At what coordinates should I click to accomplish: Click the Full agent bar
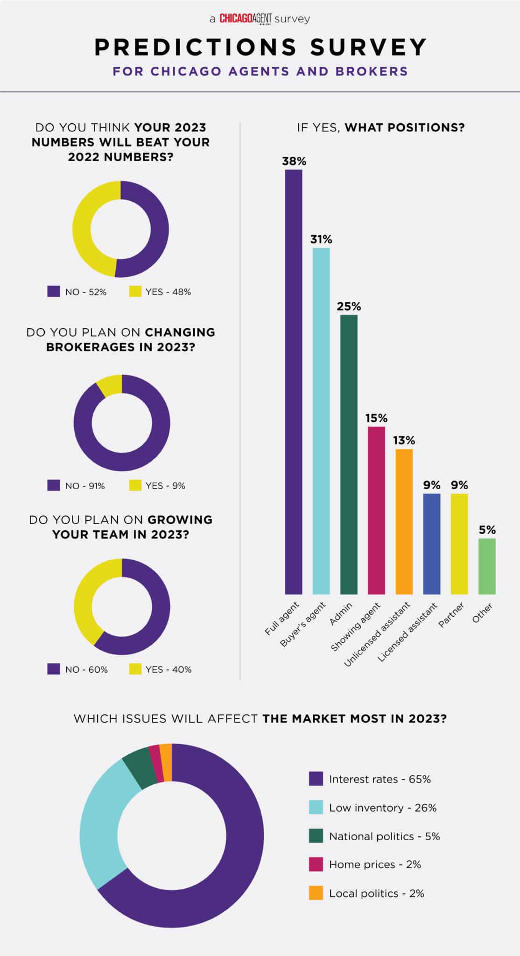tap(294, 382)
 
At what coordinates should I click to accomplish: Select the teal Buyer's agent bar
tap(321, 421)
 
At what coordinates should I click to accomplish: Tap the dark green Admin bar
tap(349, 455)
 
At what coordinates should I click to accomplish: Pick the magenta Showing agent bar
tap(377, 510)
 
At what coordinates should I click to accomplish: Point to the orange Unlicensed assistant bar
tap(404, 521)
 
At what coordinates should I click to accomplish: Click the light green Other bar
tap(487, 566)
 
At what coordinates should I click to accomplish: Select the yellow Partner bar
tap(459, 544)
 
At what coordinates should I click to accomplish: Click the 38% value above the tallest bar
tap(294, 161)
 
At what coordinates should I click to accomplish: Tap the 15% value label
tap(377, 418)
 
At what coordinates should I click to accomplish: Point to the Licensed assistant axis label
tap(408, 633)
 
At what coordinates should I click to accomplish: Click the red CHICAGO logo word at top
tap(236, 19)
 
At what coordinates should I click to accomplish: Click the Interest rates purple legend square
tap(316, 779)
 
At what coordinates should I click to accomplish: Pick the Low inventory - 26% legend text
tap(383, 808)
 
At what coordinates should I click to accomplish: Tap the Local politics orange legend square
tap(316, 893)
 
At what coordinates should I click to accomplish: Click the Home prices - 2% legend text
tap(375, 865)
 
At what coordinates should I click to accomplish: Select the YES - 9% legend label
tap(165, 485)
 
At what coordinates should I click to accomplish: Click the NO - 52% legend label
tap(86, 292)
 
